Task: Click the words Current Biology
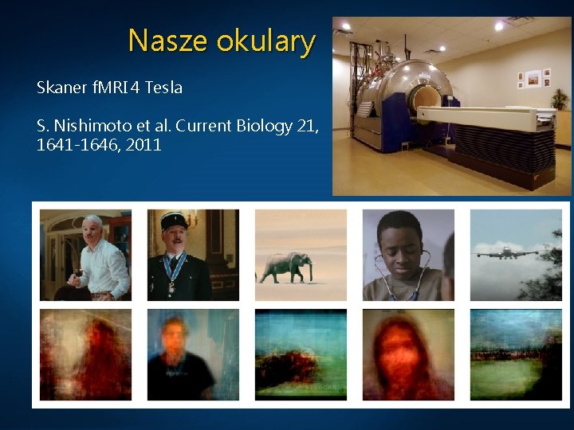[230, 126]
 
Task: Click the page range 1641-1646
[76, 145]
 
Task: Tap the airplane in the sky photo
[507, 254]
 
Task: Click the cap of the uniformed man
[174, 221]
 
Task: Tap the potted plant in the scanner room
[560, 99]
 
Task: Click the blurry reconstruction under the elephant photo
[301, 354]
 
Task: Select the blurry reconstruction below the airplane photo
[516, 354]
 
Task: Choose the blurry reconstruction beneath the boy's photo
[408, 354]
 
